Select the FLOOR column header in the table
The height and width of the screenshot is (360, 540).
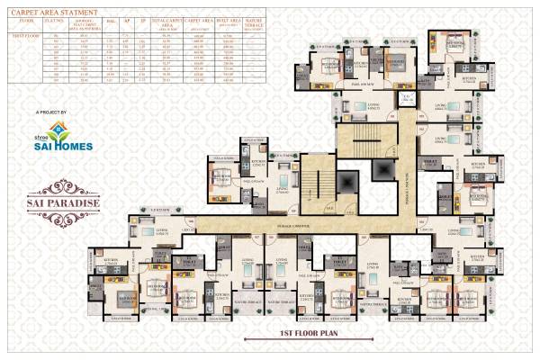click(x=24, y=20)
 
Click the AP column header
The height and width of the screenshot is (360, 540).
click(x=128, y=20)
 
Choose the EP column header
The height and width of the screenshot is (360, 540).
click(x=144, y=20)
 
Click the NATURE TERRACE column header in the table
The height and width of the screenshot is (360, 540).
click(x=253, y=21)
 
